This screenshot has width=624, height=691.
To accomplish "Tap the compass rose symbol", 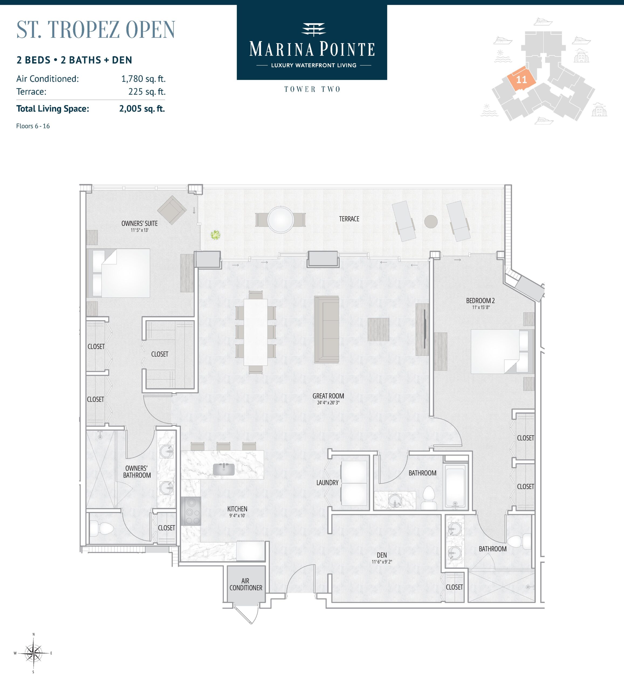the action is [33, 653].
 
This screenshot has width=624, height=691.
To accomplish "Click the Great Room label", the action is [328, 396].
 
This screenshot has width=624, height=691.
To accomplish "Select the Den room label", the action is [382, 555].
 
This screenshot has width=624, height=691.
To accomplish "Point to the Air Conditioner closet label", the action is [246, 584].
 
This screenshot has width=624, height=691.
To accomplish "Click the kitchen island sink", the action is [224, 469].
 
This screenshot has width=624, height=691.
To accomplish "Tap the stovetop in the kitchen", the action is [191, 511].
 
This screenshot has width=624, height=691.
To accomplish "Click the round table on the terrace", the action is [280, 220].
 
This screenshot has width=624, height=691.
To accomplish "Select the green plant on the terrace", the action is [215, 235].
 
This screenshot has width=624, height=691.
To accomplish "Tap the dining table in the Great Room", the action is [255, 332].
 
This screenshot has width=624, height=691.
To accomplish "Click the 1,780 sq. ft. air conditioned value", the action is [143, 79].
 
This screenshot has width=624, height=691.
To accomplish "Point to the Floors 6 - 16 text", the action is [33, 126].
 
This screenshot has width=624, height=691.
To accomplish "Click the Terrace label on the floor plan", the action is [349, 219].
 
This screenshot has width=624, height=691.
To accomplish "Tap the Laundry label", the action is [327, 483].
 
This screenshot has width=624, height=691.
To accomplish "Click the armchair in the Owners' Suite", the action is [172, 210].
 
